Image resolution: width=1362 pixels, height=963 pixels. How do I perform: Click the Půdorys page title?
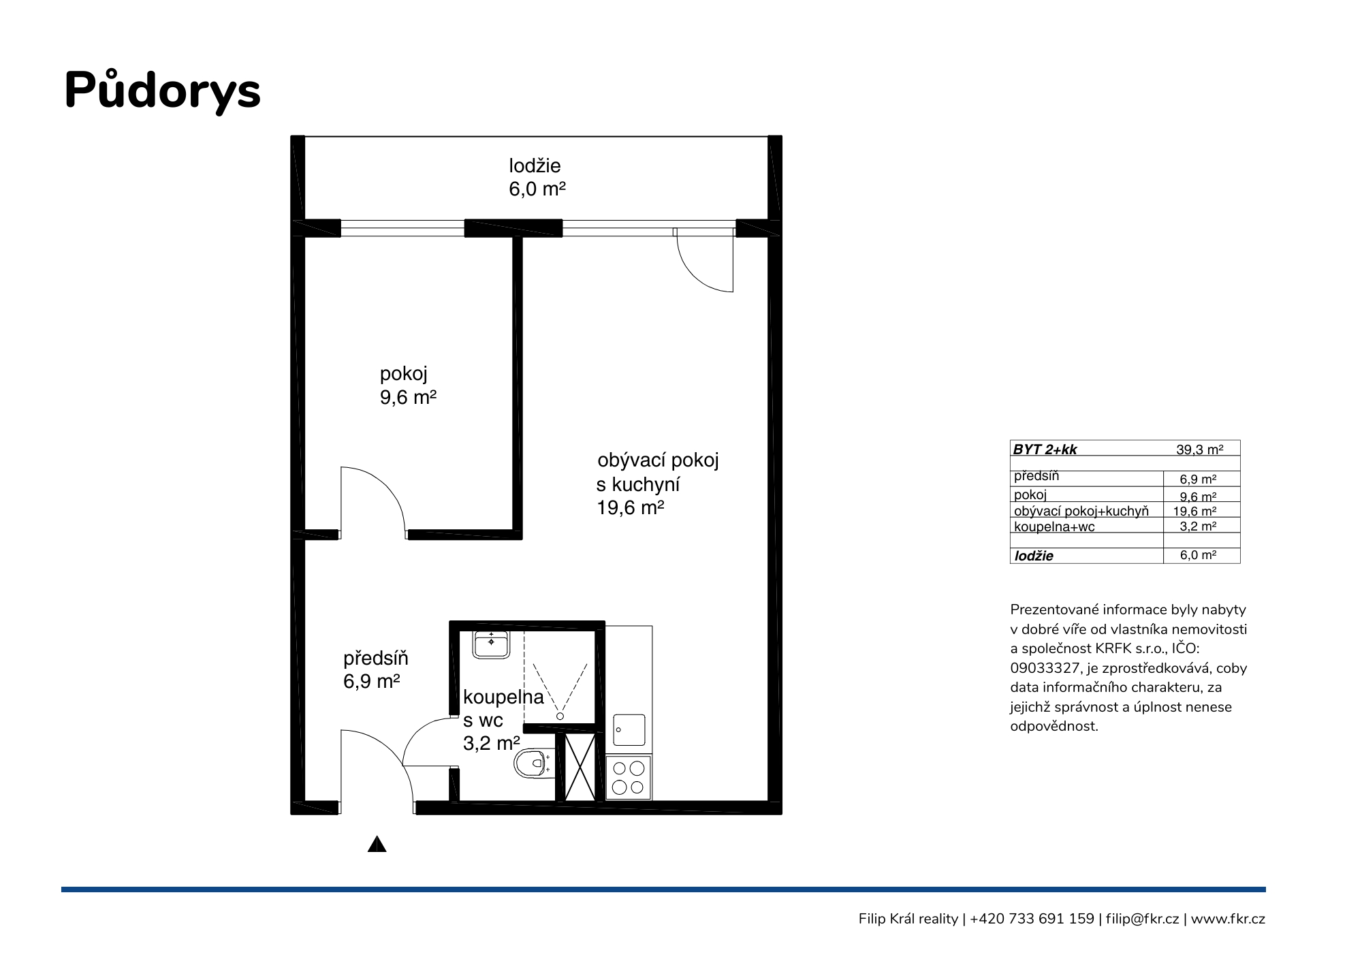(163, 91)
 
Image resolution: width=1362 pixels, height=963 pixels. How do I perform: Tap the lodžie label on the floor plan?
(535, 165)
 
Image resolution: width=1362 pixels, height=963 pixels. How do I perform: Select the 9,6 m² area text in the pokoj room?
(408, 397)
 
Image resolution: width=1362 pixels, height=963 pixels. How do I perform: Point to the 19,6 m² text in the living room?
(631, 507)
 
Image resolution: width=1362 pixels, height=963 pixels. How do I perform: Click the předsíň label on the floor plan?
(376, 658)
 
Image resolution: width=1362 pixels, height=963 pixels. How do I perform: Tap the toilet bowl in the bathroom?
(534, 763)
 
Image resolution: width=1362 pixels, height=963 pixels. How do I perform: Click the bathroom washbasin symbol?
(491, 644)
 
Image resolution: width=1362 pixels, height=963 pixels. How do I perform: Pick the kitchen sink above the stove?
(629, 730)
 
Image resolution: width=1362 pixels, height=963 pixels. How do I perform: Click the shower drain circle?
(560, 716)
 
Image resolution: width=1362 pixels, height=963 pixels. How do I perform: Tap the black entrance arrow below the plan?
(377, 844)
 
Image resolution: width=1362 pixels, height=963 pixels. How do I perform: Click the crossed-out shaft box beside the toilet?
(580, 767)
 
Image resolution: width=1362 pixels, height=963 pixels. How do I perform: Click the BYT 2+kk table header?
(1045, 449)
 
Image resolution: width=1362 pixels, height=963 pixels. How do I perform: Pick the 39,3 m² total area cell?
(1200, 449)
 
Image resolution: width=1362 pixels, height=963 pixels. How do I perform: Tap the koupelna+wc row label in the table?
(1054, 526)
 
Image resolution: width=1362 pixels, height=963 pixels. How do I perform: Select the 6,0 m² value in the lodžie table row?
(1199, 555)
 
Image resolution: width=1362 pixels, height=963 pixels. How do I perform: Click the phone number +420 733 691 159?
(1032, 919)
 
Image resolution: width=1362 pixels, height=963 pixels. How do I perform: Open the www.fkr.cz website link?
(1228, 919)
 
